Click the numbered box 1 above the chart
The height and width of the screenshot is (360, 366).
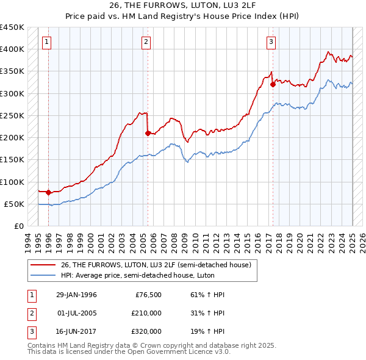click(47, 42)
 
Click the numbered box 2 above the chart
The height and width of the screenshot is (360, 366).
click(146, 42)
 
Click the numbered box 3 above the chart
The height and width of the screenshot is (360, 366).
click(271, 42)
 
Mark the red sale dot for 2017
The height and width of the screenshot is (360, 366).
click(273, 84)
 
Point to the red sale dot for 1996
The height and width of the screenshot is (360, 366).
click(48, 192)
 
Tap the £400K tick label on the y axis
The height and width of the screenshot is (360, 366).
click(12, 49)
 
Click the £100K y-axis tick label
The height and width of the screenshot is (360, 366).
click(12, 182)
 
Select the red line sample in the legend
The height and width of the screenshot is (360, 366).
click(43, 264)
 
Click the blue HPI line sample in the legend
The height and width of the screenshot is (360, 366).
click(43, 275)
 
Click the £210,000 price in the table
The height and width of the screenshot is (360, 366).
click(146, 313)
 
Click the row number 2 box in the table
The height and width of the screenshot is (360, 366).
click(30, 313)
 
